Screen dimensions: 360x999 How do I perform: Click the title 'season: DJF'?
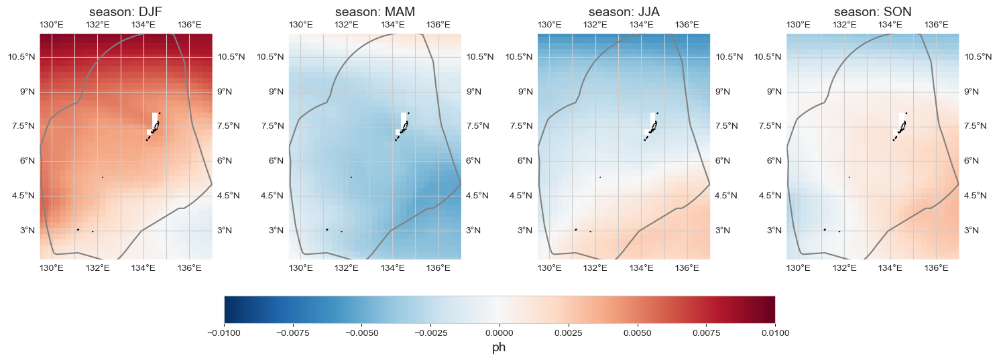pyautogui.click(x=126, y=12)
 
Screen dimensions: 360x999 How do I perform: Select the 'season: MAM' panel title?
pyautogui.click(x=375, y=12)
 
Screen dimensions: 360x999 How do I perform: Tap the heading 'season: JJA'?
pyautogui.click(x=624, y=12)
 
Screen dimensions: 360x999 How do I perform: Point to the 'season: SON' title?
pyautogui.click(x=872, y=12)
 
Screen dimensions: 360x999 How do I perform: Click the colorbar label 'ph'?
pyautogui.click(x=499, y=347)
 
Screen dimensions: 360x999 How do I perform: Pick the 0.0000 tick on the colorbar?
pyautogui.click(x=499, y=332)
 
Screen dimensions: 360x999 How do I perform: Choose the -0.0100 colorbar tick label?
pyautogui.click(x=223, y=332)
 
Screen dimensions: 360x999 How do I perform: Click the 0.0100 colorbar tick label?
pyautogui.click(x=774, y=332)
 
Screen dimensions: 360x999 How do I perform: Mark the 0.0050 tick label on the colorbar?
pyautogui.click(x=637, y=332)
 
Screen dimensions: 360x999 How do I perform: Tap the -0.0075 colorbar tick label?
pyautogui.click(x=292, y=332)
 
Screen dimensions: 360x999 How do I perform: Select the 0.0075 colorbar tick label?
pyautogui.click(x=706, y=332)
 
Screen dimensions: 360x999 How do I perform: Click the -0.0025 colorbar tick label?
pyautogui.click(x=430, y=332)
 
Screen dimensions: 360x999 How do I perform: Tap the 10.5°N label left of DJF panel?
pyautogui.click(x=20, y=57)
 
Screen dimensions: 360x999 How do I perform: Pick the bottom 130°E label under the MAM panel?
pyautogui.click(x=300, y=269)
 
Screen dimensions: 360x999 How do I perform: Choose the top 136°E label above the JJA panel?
pyautogui.click(x=687, y=25)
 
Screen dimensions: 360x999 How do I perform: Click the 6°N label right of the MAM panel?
pyautogui.click(x=475, y=161)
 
